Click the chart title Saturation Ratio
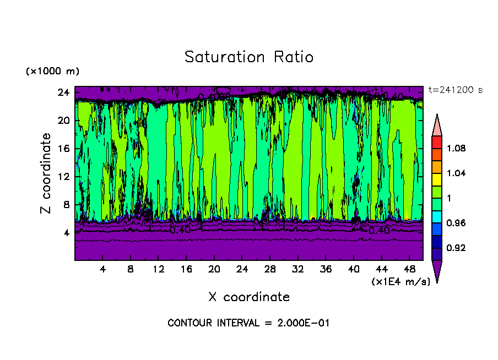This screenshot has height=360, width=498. pos(249,57)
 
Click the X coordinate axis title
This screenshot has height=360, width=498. pos(249,297)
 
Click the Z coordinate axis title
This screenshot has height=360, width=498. pos(46,173)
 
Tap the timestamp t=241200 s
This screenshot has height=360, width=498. pos(455,90)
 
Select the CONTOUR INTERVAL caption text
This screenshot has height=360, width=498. pos(248,323)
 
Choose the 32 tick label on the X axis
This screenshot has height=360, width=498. pos(297,269)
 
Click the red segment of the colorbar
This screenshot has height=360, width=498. pos(436,142)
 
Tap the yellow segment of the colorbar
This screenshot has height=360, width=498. pos(436,179)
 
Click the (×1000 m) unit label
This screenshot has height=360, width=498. pos(52,72)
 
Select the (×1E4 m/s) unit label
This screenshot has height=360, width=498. pos(400,282)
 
